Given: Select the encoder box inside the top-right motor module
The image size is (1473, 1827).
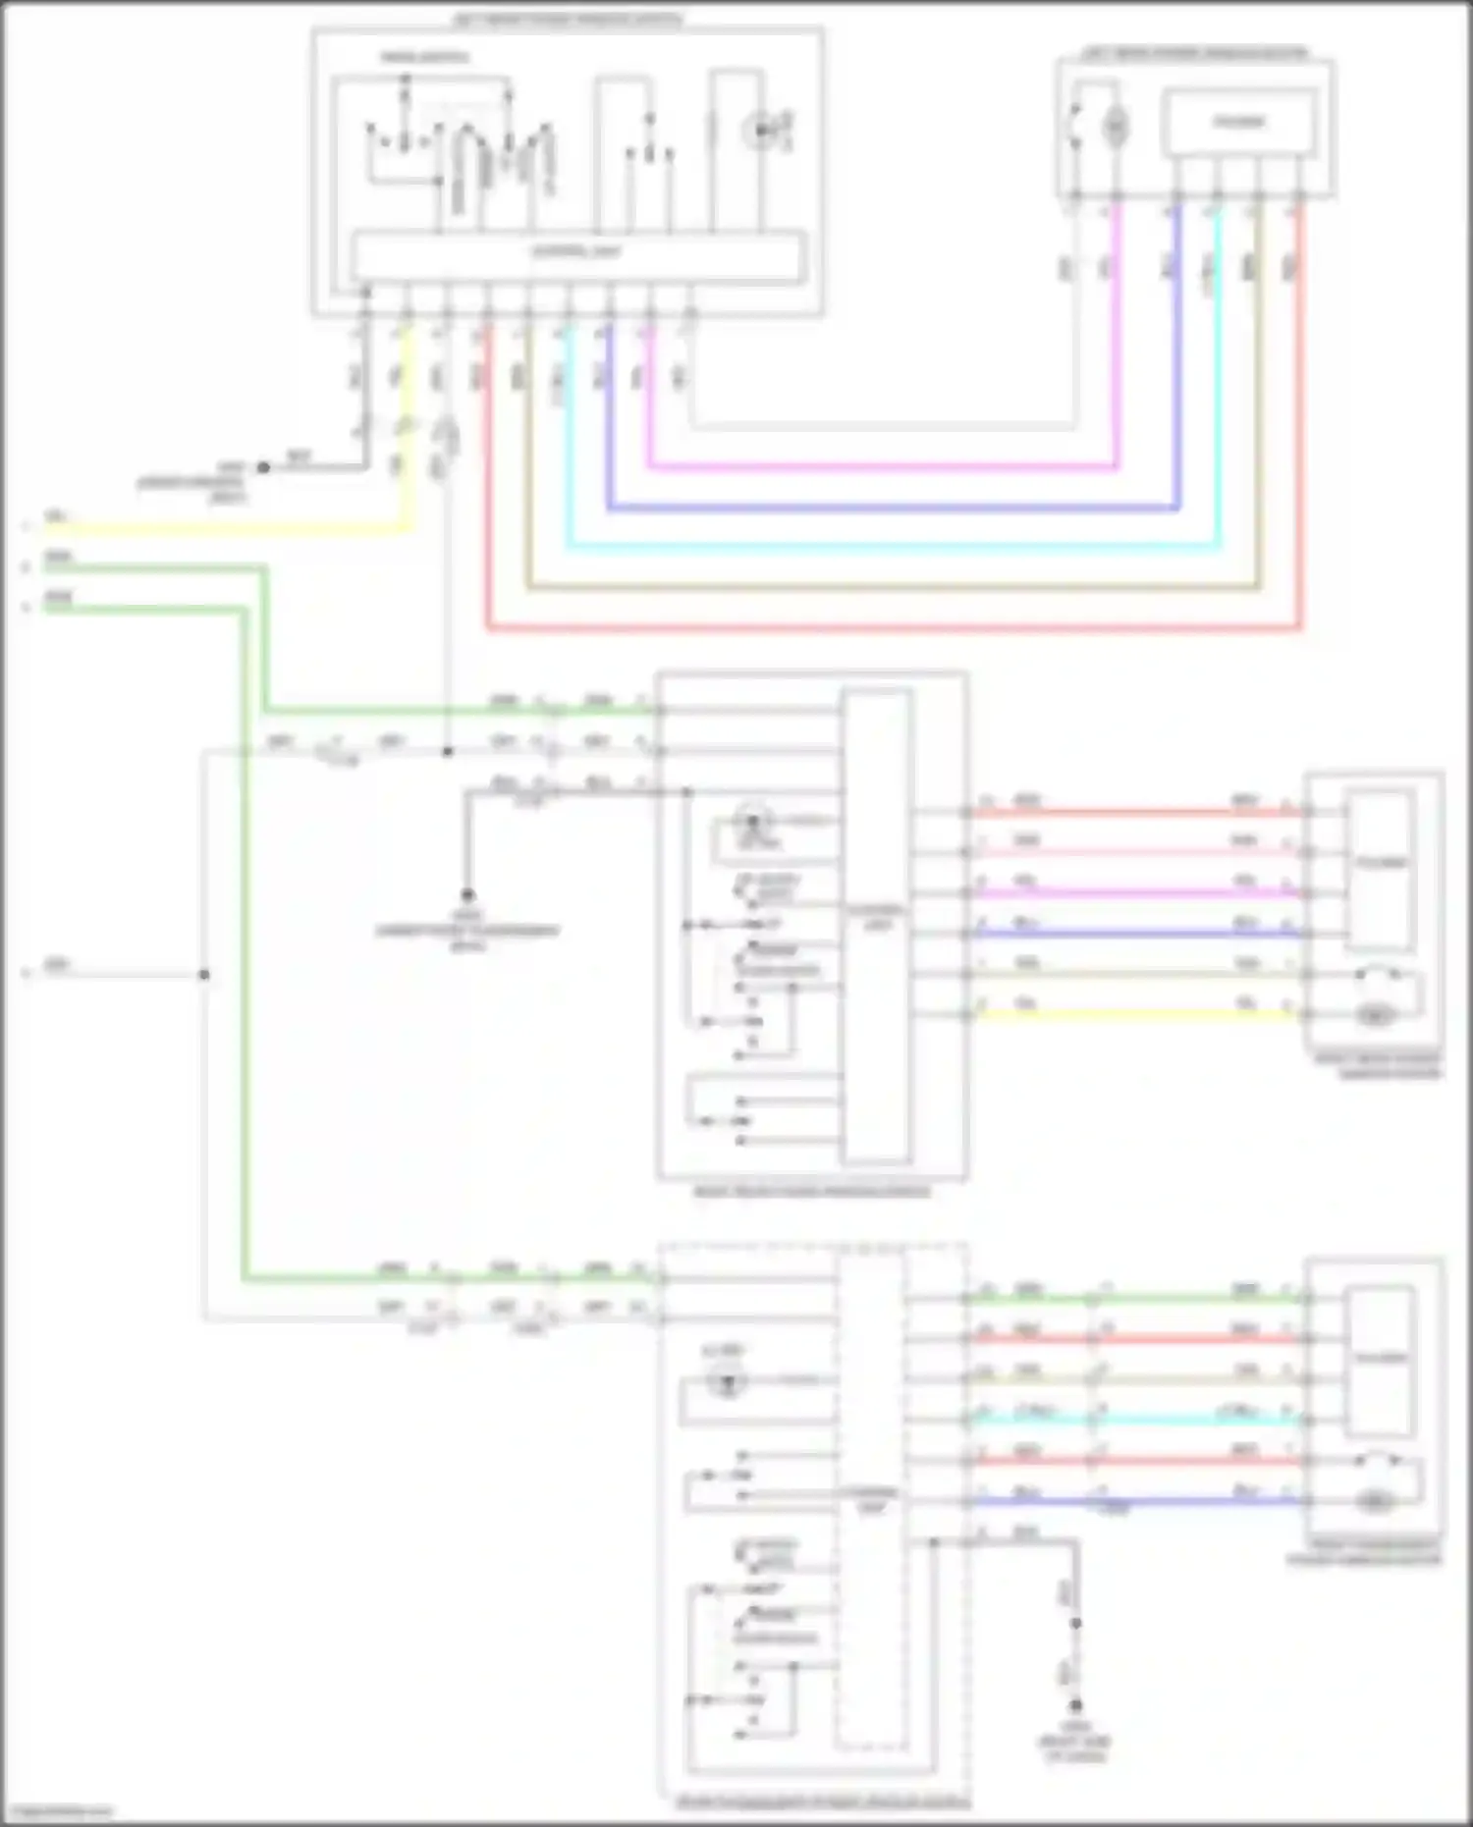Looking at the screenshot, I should click(1239, 123).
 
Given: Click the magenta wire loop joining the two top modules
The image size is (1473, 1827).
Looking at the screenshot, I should click(884, 467).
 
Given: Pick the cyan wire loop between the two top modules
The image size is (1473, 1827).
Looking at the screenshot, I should click(884, 548).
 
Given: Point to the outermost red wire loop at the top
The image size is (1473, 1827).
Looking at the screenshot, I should click(884, 627).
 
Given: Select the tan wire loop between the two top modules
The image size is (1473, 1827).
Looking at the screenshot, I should click(884, 588).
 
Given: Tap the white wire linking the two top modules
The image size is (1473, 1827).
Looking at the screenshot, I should click(884, 427).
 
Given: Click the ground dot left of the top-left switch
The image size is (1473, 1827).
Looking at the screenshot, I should click(263, 467).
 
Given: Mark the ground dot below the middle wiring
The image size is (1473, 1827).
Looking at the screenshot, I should click(467, 894).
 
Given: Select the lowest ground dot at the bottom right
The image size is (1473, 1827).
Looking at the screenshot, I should click(1075, 1705).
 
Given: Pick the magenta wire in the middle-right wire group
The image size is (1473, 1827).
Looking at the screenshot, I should click(1129, 893).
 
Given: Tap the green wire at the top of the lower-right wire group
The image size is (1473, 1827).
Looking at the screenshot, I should click(1129, 1299).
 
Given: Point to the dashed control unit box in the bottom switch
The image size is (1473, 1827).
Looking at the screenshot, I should click(870, 1501).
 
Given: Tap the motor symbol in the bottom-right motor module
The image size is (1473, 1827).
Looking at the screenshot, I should click(1376, 1501).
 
